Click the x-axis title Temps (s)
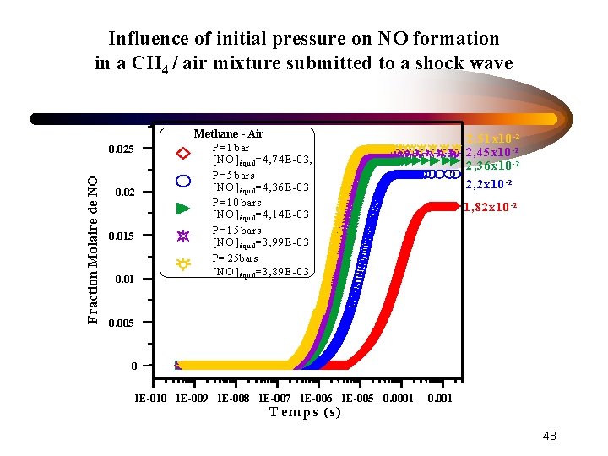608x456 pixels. tap(305, 412)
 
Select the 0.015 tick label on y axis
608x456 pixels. tap(122, 236)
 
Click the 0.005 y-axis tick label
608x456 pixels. tap(122, 323)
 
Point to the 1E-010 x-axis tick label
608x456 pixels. tap(152, 398)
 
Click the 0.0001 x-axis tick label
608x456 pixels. tap(399, 398)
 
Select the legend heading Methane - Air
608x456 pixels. tap(228, 133)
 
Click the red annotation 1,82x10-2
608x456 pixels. tap(490, 207)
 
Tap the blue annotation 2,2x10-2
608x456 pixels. tap(489, 183)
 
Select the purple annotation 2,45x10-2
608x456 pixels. tap(492, 152)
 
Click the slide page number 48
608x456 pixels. tap(549, 436)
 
